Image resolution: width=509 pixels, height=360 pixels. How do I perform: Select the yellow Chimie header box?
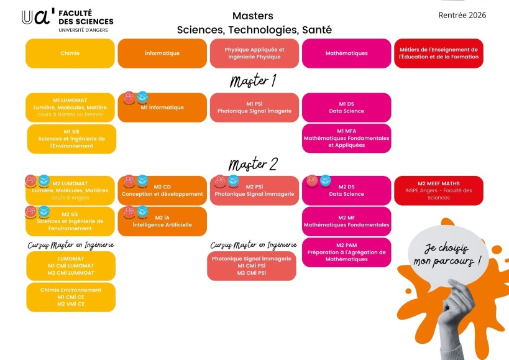[x=70, y=53]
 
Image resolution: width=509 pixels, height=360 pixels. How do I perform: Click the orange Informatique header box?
[x=162, y=53]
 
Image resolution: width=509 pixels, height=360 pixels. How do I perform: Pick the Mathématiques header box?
[x=346, y=53]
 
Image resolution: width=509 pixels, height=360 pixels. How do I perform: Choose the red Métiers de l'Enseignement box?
[x=438, y=53]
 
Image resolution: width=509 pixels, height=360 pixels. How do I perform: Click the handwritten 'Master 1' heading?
[x=253, y=81]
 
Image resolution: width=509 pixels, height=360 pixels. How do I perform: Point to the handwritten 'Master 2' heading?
[x=253, y=164]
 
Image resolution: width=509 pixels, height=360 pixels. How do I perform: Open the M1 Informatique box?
[x=162, y=108]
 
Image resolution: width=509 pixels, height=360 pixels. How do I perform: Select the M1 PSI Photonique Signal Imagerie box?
[x=254, y=108]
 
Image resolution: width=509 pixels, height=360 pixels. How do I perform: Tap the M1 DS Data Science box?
[x=346, y=108]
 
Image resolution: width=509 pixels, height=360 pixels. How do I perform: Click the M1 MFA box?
[x=346, y=138]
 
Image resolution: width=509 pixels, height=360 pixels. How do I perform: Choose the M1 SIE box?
[x=71, y=138]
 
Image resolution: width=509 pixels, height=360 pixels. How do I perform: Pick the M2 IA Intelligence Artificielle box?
[x=162, y=221]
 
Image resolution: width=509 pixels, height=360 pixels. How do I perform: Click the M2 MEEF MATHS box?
[x=438, y=190]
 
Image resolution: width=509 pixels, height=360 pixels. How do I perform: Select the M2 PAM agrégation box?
[x=346, y=252]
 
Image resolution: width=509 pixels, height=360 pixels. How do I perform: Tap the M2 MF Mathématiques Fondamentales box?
[x=346, y=221]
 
